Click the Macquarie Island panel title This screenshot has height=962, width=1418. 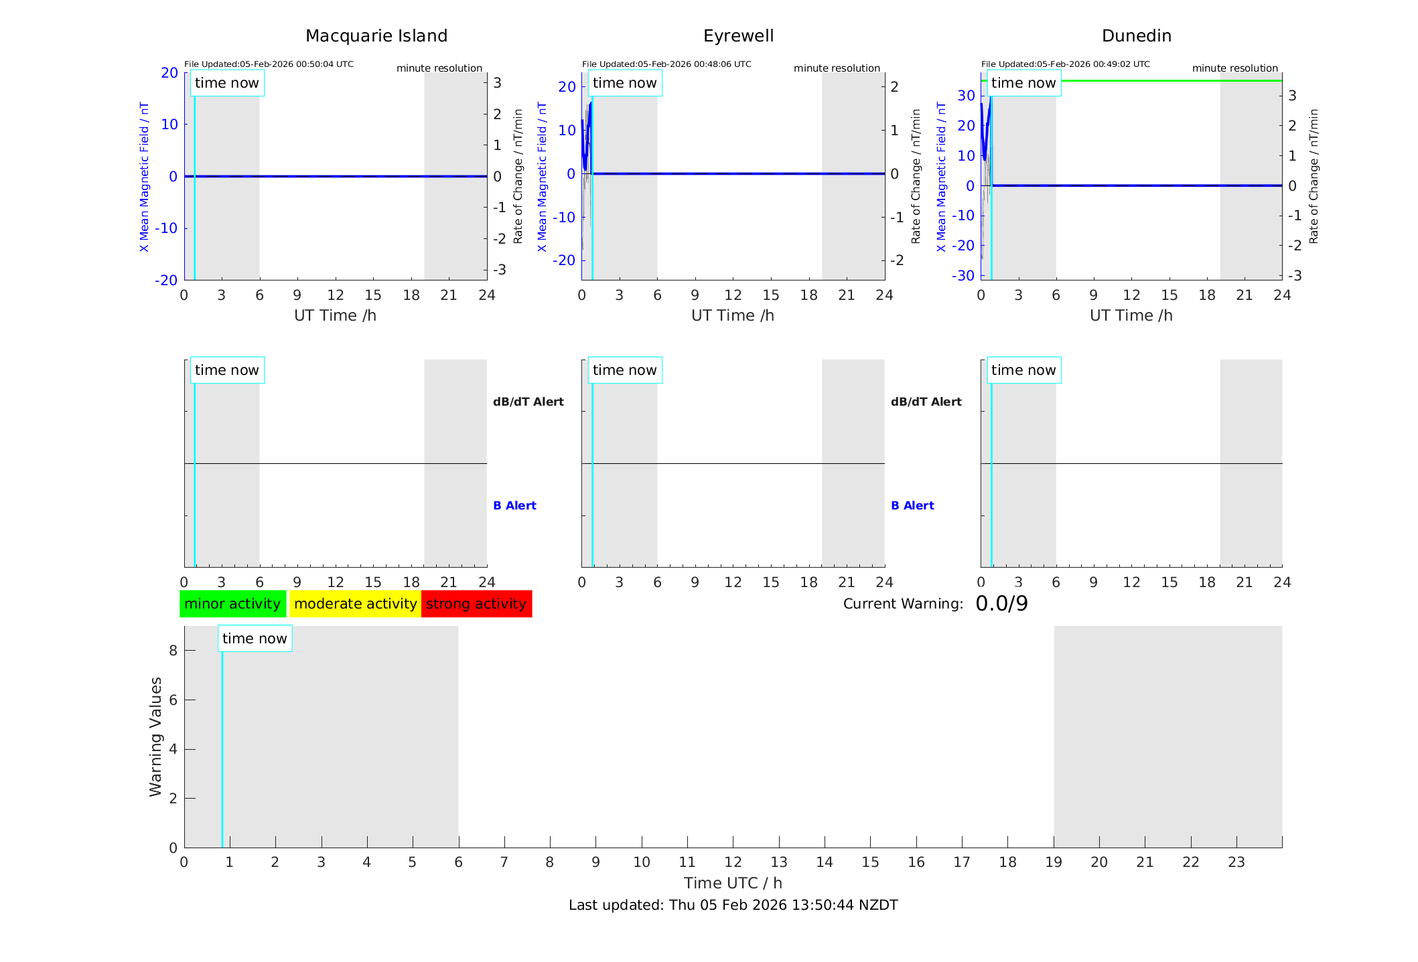[376, 36]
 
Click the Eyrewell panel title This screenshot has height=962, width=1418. [738, 36]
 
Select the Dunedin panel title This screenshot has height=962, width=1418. [1136, 36]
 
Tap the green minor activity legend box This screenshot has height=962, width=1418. [232, 604]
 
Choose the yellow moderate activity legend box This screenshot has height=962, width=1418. [355, 604]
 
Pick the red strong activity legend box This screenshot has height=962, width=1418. [476, 604]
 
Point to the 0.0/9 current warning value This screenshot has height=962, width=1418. [1001, 604]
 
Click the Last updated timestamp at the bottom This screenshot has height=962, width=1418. [733, 905]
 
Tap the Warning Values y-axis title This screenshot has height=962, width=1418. [156, 736]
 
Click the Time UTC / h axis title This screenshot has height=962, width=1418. [733, 883]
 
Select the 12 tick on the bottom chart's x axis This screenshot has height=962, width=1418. [733, 862]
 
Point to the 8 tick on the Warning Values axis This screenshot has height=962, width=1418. [173, 651]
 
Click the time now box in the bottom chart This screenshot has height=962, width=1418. [255, 639]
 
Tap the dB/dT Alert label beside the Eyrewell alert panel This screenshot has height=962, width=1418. [926, 402]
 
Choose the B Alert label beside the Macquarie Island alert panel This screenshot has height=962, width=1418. [514, 505]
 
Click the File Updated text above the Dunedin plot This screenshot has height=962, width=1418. [1065, 64]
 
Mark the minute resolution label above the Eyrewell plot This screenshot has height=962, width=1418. [837, 68]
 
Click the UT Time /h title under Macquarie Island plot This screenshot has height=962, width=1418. [335, 315]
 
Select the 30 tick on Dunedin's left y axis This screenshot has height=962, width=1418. [966, 95]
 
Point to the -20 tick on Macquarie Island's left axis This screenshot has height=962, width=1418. [166, 280]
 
